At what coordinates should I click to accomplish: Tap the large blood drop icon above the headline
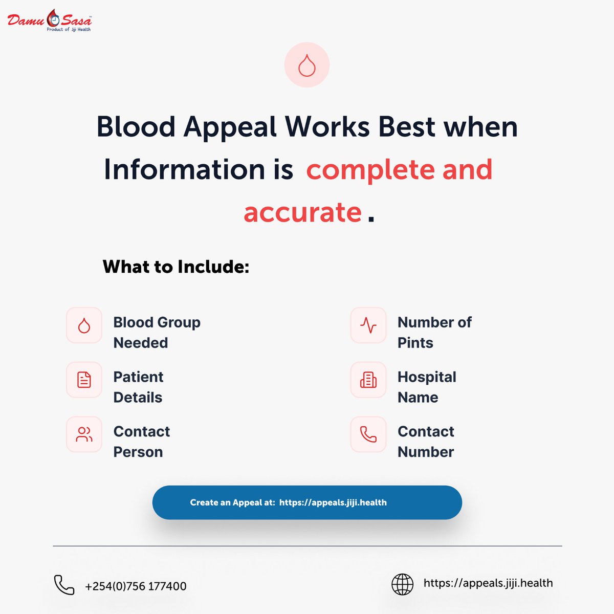(307, 65)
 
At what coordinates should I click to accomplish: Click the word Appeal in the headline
(230, 126)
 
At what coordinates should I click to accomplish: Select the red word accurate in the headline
(302, 212)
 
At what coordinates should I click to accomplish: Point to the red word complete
(370, 169)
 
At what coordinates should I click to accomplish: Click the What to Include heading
(176, 267)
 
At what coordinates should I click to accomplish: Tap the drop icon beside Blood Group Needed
(84, 325)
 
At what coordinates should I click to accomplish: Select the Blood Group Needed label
(157, 332)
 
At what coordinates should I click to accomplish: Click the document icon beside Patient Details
(84, 380)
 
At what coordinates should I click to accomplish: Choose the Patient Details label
(138, 387)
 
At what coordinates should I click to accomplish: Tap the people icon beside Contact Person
(84, 434)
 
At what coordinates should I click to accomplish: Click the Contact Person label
(141, 442)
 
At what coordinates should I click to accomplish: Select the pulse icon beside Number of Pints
(368, 325)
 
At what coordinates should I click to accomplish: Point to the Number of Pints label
(434, 332)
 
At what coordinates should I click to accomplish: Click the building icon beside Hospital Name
(368, 380)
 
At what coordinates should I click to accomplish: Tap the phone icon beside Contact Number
(368, 434)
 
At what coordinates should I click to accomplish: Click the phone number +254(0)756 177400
(136, 586)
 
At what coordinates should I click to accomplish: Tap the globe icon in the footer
(402, 584)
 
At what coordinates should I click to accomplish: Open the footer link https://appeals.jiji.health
(488, 583)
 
